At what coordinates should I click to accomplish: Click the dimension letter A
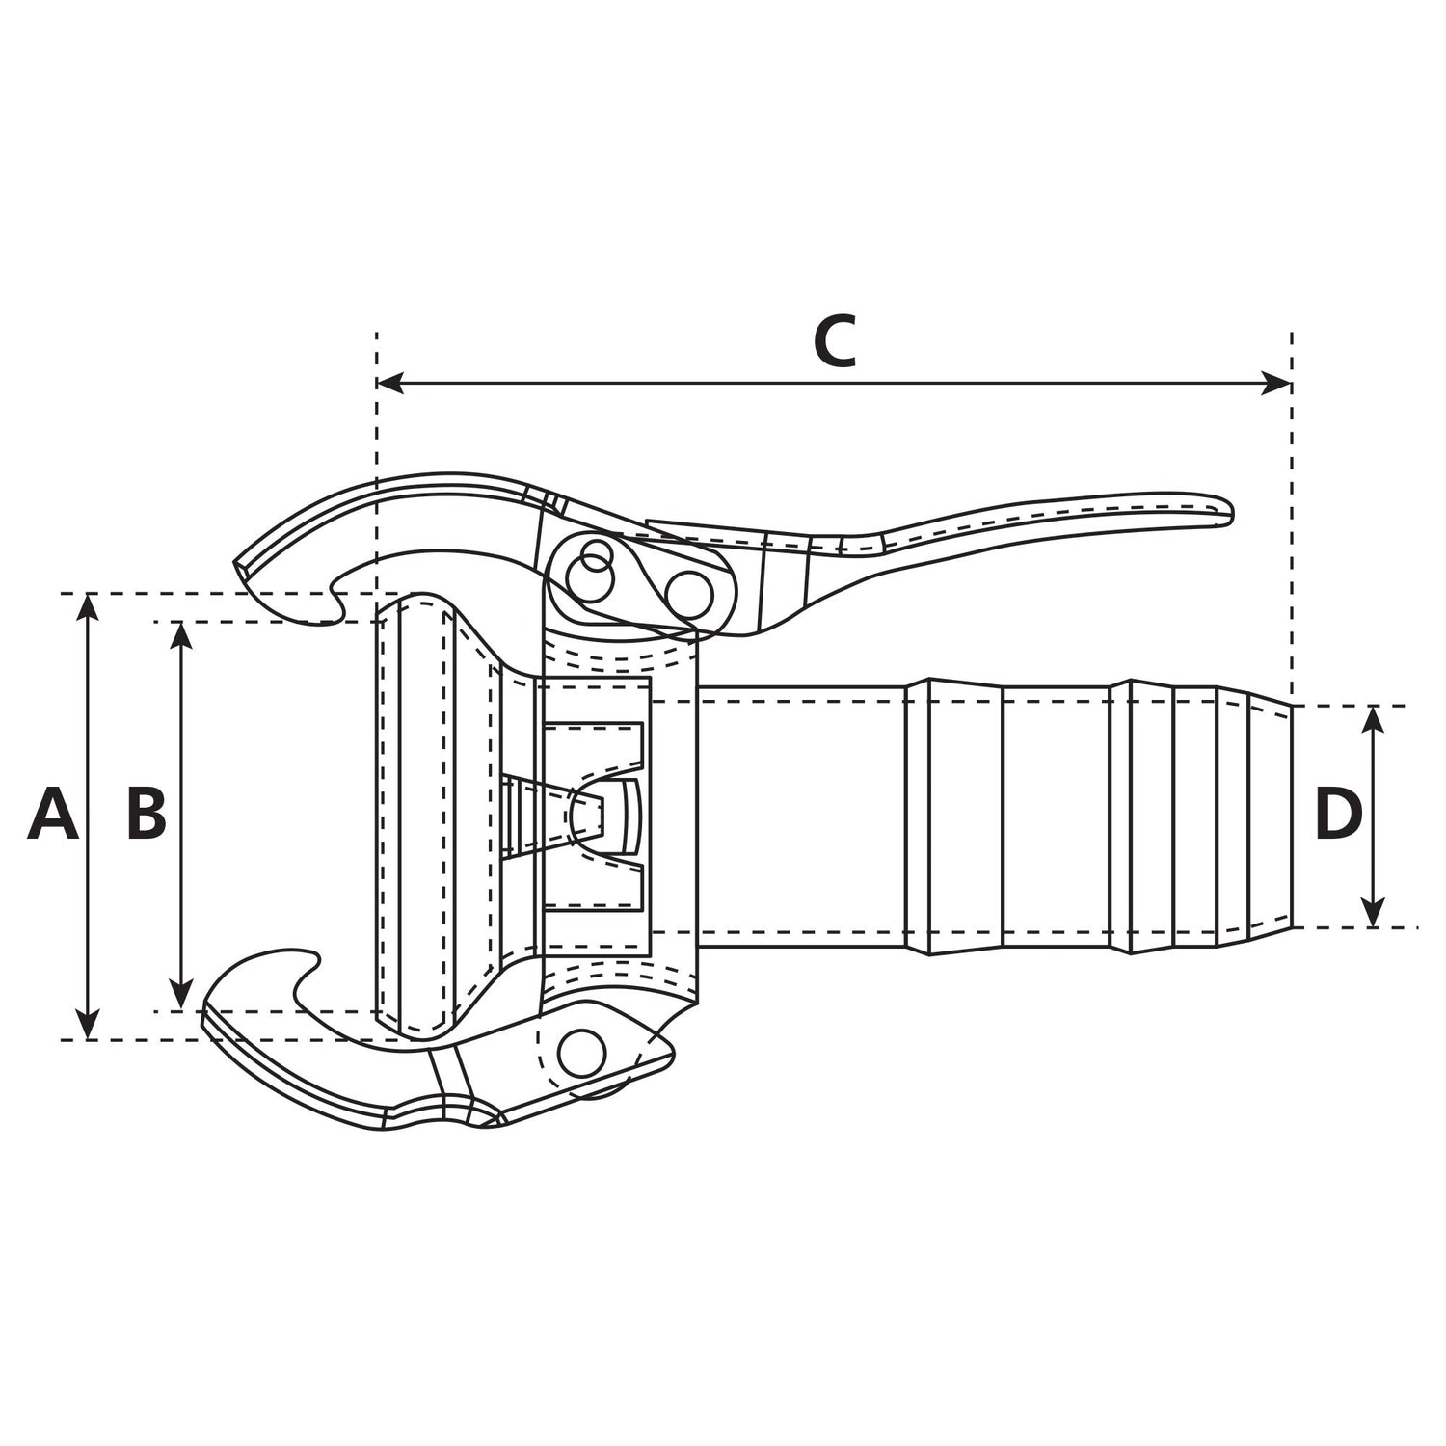pyautogui.click(x=53, y=815)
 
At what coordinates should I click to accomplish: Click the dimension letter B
pyautogui.click(x=147, y=815)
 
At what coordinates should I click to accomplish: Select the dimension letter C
pyautogui.click(x=834, y=341)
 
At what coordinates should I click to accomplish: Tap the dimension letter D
pyautogui.click(x=1338, y=815)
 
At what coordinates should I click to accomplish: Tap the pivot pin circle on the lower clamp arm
pyautogui.click(x=582, y=1051)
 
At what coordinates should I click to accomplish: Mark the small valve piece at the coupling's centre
pyautogui.click(x=598, y=815)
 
